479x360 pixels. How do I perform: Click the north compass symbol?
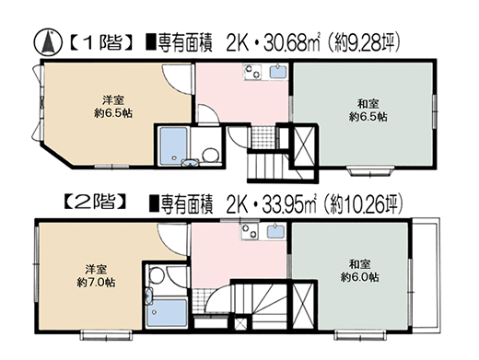tap(47, 43)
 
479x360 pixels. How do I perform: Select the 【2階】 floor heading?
tap(96, 202)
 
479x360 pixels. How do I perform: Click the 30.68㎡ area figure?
tap(291, 44)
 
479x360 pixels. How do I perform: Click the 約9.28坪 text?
tap(363, 44)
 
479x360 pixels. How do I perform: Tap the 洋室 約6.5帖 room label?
tap(113, 107)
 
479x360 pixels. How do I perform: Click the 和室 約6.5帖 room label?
tap(368, 110)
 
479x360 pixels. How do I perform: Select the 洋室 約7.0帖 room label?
tap(96, 276)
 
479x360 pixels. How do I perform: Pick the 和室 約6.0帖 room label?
tap(359, 271)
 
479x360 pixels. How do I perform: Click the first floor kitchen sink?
tap(278, 71)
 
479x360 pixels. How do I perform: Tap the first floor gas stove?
tap(253, 72)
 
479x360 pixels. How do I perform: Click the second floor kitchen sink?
tap(275, 232)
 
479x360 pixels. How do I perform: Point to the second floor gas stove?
tap(250, 232)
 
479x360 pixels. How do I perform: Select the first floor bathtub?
tap(173, 145)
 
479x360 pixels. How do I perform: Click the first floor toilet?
tap(211, 155)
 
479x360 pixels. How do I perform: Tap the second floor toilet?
tap(158, 274)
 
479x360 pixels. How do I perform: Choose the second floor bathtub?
tap(167, 313)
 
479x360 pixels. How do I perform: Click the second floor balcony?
tap(425, 274)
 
